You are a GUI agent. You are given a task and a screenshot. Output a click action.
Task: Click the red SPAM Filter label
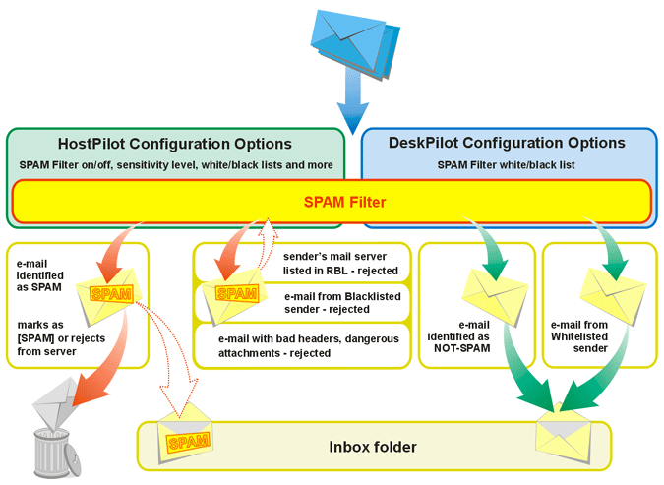pos(332,203)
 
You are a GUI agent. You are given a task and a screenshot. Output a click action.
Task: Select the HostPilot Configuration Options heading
pos(175,144)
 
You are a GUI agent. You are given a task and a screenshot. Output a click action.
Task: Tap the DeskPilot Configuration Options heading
pos(508,143)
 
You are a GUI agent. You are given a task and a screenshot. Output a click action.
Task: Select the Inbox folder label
pos(373,447)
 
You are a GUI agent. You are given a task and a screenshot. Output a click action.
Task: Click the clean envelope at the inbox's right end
pos(564,429)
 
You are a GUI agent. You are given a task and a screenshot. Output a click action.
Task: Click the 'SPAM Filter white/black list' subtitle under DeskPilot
pos(507,164)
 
